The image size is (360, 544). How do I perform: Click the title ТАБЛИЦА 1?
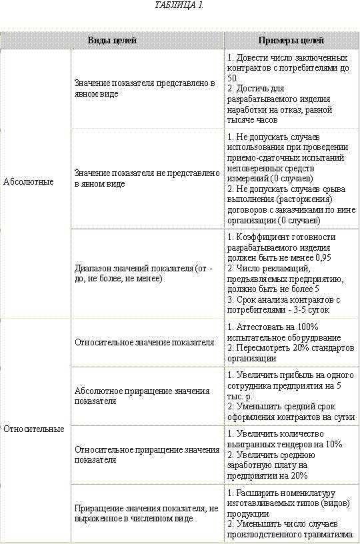pyautogui.click(x=179, y=5)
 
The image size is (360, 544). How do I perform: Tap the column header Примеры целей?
pyautogui.click(x=291, y=40)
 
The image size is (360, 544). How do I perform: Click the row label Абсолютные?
pyautogui.click(x=28, y=181)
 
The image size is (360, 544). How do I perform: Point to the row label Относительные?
pyautogui.click(x=33, y=429)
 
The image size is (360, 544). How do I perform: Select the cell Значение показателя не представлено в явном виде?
pyautogui.click(x=147, y=178)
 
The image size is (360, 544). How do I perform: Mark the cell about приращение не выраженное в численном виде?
pyautogui.click(x=146, y=513)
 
